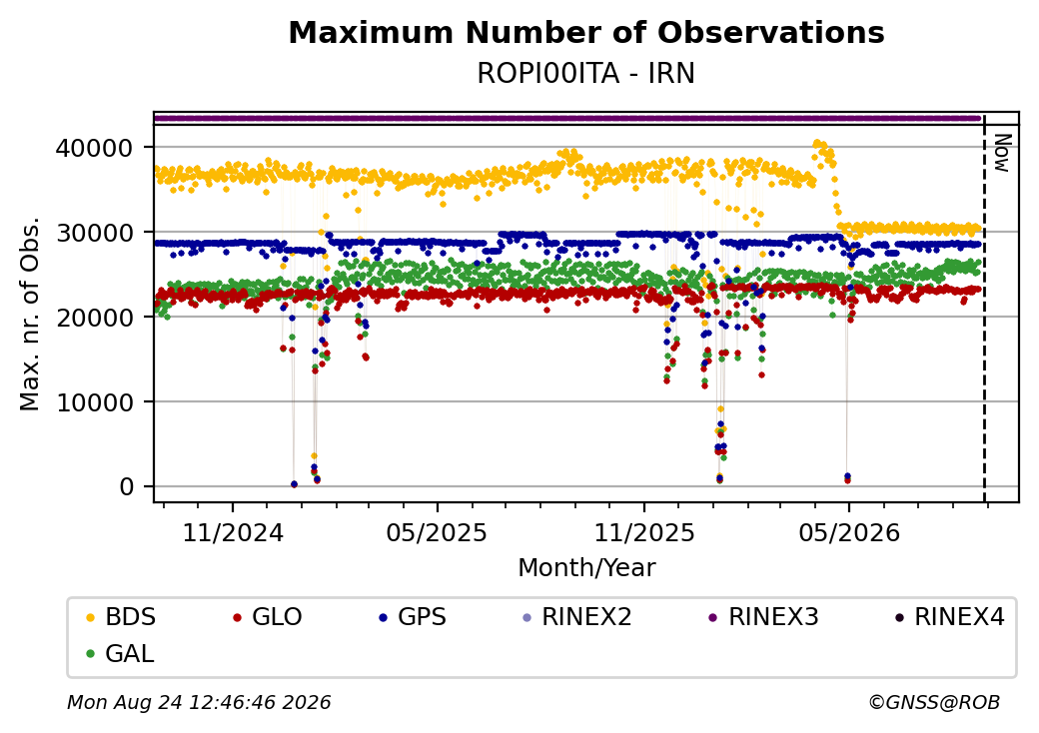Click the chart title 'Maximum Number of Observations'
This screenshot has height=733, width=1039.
point(586,32)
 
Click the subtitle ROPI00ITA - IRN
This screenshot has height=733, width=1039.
point(585,74)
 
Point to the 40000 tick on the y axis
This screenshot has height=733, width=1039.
point(95,148)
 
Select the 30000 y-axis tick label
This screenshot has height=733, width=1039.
point(95,233)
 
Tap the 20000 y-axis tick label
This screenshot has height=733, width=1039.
point(95,318)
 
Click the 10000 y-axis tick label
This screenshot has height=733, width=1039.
point(95,401)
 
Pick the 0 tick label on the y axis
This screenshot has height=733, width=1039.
point(127,486)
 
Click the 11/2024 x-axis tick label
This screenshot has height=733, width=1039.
point(233,533)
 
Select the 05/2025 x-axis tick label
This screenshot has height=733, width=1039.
point(437,533)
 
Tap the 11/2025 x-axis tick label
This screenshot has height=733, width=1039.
point(644,533)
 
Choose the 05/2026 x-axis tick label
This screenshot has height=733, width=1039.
point(849,533)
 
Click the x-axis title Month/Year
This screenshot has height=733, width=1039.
point(586,567)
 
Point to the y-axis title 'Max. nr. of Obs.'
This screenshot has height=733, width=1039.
point(30,314)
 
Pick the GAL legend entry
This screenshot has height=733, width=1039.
point(120,653)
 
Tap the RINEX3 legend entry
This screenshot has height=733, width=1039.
point(763,617)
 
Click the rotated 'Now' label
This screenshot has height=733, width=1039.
point(1002,153)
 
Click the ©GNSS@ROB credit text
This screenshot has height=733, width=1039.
point(934,702)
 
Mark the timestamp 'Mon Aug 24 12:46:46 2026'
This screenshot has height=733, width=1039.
point(199,702)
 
